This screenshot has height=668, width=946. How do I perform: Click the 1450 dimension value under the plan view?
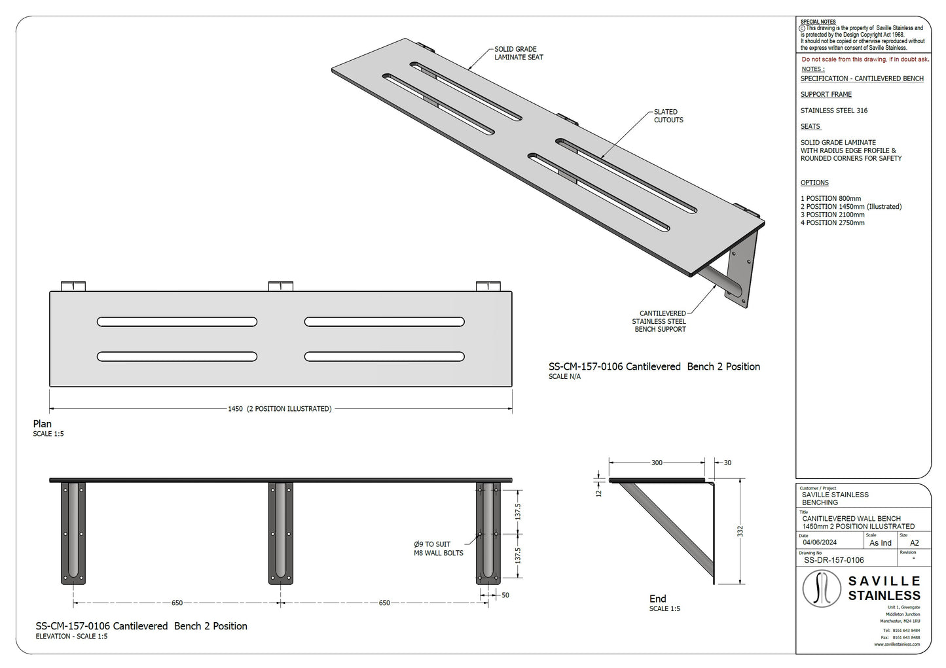tap(235, 408)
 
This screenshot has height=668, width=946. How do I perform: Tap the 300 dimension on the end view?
tap(657, 463)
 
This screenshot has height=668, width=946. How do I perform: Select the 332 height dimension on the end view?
tap(740, 532)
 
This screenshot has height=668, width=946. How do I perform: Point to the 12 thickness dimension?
tap(598, 493)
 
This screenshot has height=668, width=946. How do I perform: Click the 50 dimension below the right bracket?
tap(505, 595)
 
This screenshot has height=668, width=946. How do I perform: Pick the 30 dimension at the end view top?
tap(727, 463)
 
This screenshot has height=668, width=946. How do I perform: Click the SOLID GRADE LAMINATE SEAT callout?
tap(518, 53)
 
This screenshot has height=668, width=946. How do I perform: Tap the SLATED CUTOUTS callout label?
tap(668, 116)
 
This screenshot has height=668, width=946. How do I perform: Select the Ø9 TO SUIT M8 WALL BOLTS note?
tap(439, 548)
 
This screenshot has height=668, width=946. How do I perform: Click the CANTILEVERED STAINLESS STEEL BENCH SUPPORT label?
tap(659, 321)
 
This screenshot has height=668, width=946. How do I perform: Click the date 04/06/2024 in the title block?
tap(820, 542)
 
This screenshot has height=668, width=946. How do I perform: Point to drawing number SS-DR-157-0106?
tap(833, 560)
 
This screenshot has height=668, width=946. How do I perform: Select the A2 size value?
tap(915, 542)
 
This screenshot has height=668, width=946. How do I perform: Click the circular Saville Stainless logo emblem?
tap(822, 589)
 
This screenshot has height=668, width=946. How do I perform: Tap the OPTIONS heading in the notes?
tap(814, 183)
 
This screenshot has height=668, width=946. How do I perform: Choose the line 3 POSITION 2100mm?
tap(826, 215)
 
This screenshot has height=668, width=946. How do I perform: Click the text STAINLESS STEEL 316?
tap(834, 111)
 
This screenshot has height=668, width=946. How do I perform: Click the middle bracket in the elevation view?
tap(280, 533)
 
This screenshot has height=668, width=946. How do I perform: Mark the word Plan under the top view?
tap(43, 424)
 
